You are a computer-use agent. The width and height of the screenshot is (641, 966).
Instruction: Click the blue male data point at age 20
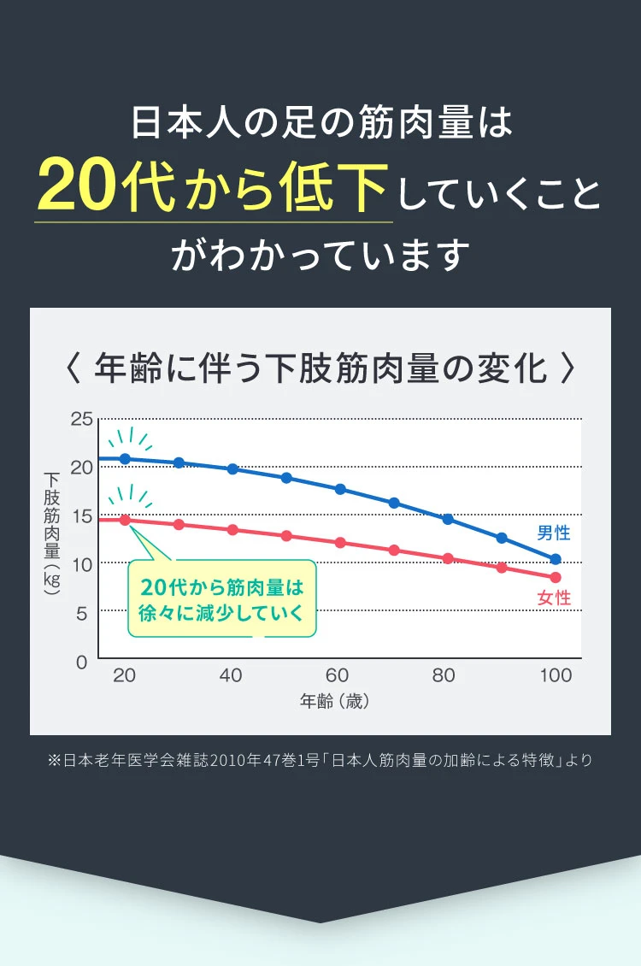tap(125, 459)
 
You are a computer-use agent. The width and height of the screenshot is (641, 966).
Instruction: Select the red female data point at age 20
tap(125, 520)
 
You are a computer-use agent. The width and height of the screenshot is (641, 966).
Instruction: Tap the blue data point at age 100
tap(556, 559)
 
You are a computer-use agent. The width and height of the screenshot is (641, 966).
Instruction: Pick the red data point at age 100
tap(556, 577)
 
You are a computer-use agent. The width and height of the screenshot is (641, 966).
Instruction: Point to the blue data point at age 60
tap(340, 489)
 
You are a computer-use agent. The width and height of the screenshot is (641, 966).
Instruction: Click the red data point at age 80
tap(448, 558)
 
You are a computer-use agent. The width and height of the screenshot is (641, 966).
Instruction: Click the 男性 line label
tap(554, 533)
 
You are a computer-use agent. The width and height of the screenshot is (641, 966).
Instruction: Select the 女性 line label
tap(554, 598)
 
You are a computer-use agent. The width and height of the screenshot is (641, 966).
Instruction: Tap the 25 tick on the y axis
tap(81, 419)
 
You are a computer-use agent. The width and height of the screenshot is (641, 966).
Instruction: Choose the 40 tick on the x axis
tap(231, 675)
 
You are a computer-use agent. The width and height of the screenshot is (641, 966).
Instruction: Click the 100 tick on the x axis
tap(556, 675)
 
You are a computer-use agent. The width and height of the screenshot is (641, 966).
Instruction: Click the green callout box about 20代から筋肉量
tap(222, 599)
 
